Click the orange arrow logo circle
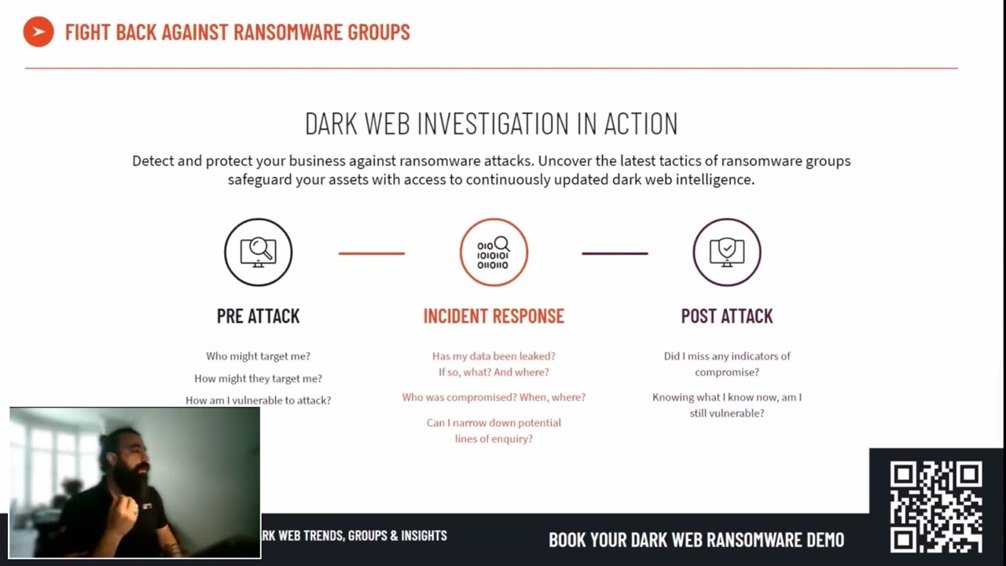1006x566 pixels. click(39, 32)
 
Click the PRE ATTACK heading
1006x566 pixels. click(258, 316)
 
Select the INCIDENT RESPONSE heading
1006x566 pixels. click(494, 316)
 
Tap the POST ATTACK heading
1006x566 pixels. click(727, 316)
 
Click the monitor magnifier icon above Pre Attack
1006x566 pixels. click(259, 252)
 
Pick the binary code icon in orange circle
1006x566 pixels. click(494, 252)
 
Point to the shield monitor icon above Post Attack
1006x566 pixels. click(727, 252)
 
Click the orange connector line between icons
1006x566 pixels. click(372, 253)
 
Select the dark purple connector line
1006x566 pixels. click(615, 253)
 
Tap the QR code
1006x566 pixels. click(936, 507)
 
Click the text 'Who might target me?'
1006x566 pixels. click(258, 356)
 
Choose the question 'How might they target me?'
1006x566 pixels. click(258, 378)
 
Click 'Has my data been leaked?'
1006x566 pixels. click(494, 356)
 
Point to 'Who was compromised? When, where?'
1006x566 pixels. click(494, 397)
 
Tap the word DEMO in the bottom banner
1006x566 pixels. click(824, 540)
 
